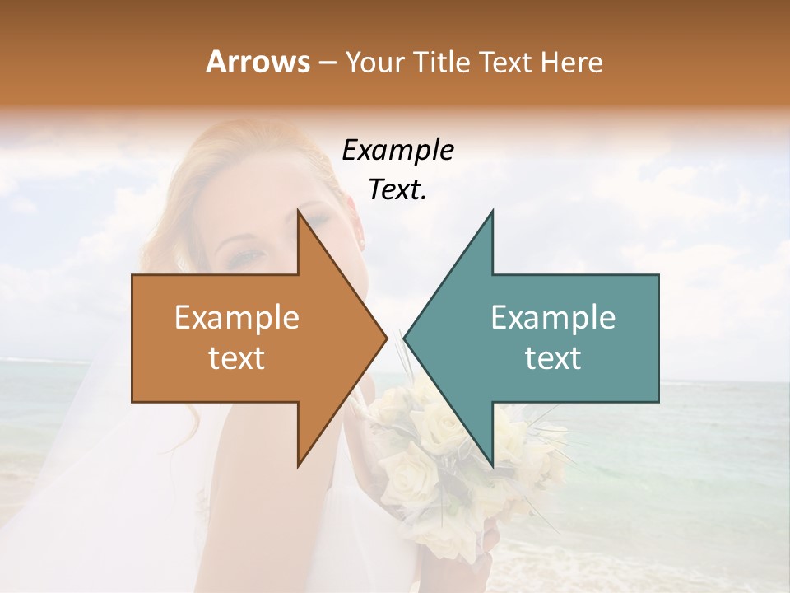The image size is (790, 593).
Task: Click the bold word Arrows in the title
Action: click(x=258, y=62)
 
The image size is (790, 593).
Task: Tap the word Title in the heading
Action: click(x=439, y=62)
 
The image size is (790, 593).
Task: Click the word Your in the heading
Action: click(x=374, y=62)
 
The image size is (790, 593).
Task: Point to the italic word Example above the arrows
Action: click(x=397, y=150)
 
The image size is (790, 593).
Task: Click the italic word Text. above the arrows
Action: click(x=397, y=189)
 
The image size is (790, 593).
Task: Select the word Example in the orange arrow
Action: click(x=237, y=318)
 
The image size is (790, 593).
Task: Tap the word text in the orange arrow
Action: click(x=237, y=358)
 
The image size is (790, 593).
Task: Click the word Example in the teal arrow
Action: click(x=553, y=318)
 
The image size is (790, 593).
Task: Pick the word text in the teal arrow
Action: click(x=553, y=358)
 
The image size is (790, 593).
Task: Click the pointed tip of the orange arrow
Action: click(x=387, y=338)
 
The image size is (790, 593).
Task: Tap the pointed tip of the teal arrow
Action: click(x=404, y=338)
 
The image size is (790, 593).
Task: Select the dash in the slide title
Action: click(x=327, y=63)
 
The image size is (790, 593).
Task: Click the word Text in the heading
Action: click(x=504, y=62)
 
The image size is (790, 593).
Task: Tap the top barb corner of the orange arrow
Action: click(x=298, y=211)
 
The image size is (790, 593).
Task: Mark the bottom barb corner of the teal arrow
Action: click(x=492, y=466)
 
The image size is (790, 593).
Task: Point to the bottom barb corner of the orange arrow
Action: click(x=298, y=466)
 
